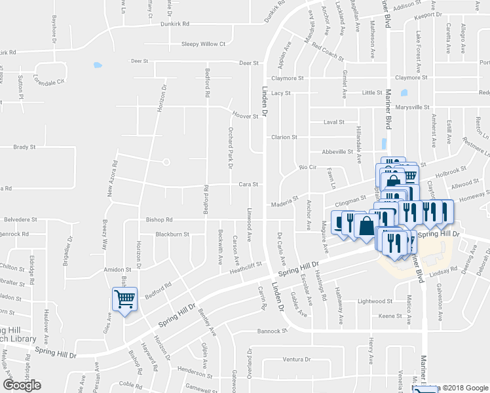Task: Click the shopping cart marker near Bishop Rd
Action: tap(124, 300)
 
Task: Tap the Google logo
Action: tap(22, 385)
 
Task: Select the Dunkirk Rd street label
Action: tap(174, 24)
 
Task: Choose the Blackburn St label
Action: tap(172, 234)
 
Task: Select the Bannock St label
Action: tap(273, 331)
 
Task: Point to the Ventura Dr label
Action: tap(296, 359)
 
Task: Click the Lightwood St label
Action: tap(375, 301)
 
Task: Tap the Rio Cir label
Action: tap(307, 168)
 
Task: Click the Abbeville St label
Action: tap(338, 151)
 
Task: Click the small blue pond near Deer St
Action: tap(98, 65)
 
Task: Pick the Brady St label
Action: tap(24, 147)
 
